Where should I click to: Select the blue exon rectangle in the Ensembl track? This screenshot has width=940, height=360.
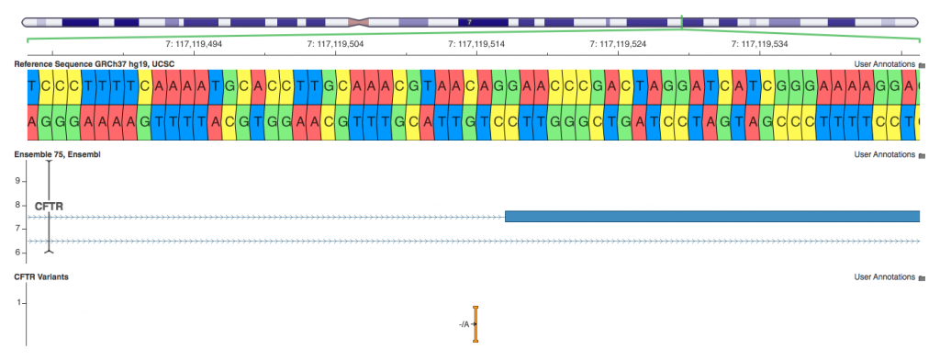[711, 217]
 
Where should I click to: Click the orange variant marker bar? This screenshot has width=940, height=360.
[476, 324]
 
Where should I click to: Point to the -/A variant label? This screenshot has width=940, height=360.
[464, 324]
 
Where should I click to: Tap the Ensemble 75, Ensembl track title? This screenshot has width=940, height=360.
[57, 154]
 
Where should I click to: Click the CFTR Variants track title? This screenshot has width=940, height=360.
[41, 276]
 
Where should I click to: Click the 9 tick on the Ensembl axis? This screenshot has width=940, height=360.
[17, 181]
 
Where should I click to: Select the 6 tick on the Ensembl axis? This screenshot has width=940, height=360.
[17, 253]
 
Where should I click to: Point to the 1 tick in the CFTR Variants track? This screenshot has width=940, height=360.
[17, 301]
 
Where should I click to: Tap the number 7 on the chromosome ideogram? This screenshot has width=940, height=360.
[469, 20]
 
